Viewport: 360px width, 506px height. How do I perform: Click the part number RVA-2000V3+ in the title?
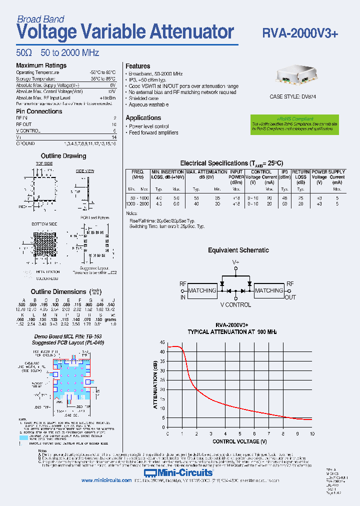[x=300, y=32]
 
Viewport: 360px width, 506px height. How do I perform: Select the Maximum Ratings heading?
[x=41, y=65]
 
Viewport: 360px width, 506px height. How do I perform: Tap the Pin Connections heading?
[x=39, y=111]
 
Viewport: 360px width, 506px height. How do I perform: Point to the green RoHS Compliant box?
[x=294, y=124]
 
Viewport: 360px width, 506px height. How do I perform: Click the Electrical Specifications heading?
[x=231, y=163]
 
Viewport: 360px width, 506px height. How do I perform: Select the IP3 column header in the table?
[x=284, y=174]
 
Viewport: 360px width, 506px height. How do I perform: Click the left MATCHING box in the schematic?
[x=202, y=290]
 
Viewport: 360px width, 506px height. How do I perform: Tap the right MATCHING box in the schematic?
[x=269, y=290]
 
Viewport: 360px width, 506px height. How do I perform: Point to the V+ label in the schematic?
[x=235, y=262]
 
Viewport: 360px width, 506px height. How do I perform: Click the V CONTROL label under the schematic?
[x=235, y=305]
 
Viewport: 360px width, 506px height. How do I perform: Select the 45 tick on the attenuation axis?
[x=162, y=342]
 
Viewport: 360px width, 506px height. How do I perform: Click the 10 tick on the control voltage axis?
[x=312, y=433]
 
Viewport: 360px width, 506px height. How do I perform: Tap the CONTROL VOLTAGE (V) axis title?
[x=239, y=441]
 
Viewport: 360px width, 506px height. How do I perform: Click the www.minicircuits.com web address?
[x=105, y=480]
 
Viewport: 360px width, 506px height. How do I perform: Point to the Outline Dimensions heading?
[x=58, y=292]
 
